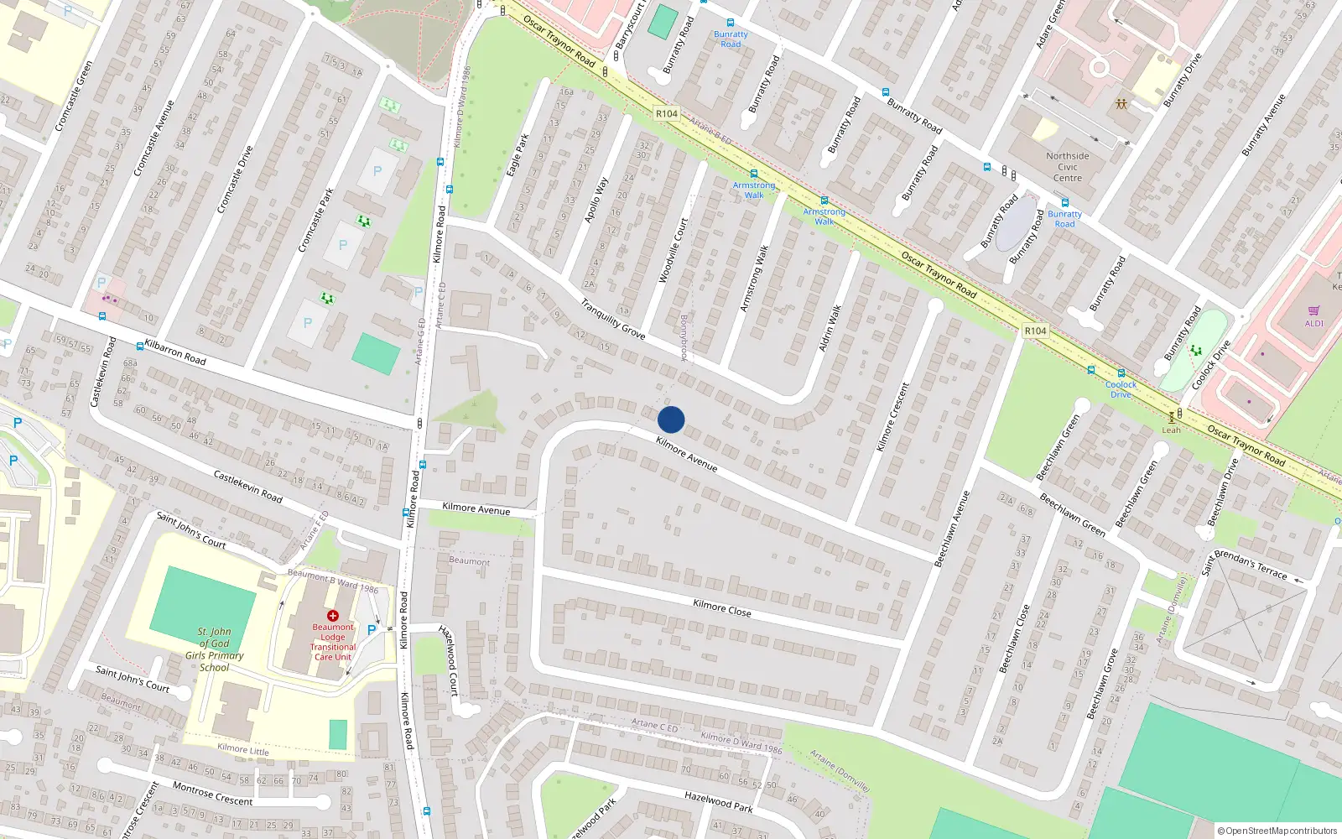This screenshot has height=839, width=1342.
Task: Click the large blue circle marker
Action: [x=671, y=419]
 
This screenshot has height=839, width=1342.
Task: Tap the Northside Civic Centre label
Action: [x=1067, y=167]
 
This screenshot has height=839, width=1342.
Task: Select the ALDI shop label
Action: [x=1313, y=323]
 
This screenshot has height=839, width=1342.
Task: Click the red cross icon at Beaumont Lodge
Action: [x=332, y=616]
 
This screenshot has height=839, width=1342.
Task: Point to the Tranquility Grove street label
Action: [x=613, y=320]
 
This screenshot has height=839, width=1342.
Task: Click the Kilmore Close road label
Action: [x=721, y=608]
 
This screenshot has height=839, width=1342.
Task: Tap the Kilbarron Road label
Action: [x=175, y=352]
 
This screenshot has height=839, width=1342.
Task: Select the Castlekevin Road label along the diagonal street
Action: [x=247, y=487]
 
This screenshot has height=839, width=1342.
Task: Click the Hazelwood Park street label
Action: [x=718, y=802]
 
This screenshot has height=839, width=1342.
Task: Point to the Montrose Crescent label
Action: [x=212, y=794]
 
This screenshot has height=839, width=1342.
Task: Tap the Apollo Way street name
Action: [x=596, y=200]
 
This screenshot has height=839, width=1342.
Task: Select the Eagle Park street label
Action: [x=518, y=154]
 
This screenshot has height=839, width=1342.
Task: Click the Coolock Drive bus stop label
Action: [x=1121, y=389]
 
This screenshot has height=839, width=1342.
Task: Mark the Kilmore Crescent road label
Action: [x=892, y=417]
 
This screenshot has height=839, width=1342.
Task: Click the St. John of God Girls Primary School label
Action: [x=214, y=649]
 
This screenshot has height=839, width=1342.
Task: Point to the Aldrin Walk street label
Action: [x=830, y=328]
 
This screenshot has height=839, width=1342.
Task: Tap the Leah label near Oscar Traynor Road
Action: [x=1171, y=430]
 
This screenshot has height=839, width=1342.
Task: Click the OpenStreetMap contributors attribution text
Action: [x=1280, y=831]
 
